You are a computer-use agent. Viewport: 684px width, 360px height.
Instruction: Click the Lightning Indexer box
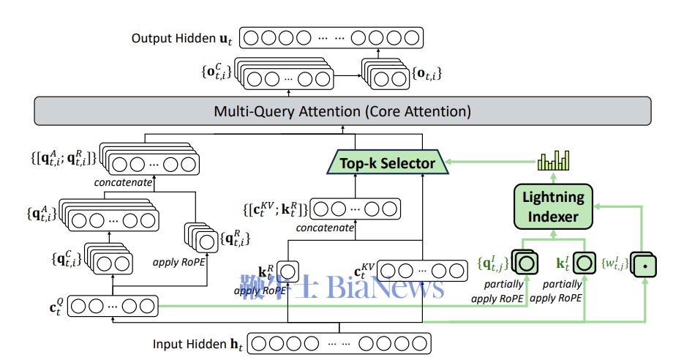(552, 206)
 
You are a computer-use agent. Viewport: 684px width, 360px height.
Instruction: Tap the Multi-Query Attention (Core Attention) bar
(342, 112)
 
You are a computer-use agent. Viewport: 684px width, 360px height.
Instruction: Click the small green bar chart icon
(553, 160)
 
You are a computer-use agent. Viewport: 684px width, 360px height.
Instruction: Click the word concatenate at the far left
(122, 181)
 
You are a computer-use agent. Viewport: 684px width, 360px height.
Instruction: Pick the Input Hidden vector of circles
(338, 342)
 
